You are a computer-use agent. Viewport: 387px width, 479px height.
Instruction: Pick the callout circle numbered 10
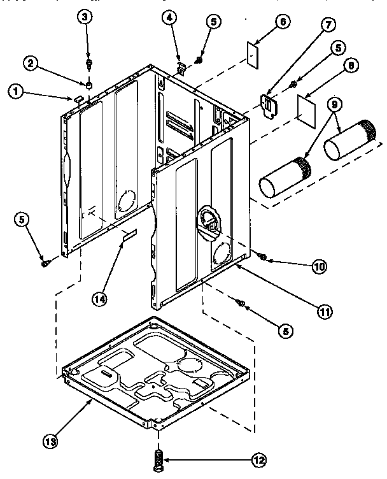pos(318,266)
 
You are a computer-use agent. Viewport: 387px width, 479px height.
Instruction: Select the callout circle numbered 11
pos(325,311)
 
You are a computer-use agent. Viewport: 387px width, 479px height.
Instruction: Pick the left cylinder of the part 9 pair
pos(284,178)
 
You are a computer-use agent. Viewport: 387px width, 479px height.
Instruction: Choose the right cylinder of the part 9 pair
pos(349,140)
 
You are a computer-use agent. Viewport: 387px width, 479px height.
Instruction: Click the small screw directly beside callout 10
pos(262,257)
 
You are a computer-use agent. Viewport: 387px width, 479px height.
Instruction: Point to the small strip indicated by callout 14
pos(130,237)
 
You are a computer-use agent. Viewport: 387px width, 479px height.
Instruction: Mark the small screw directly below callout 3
pos(89,64)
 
